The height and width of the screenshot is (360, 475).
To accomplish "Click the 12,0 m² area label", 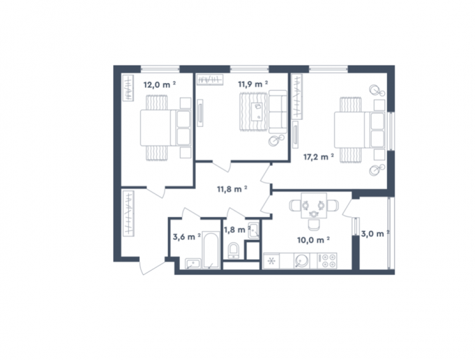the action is click(160, 84).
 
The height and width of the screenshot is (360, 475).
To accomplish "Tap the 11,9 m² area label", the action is click(253, 84).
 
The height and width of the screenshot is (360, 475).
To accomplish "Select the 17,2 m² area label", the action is click(319, 157).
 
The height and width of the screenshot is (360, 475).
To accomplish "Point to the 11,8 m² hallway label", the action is click(232, 189).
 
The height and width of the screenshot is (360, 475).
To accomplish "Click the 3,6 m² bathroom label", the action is click(187, 237).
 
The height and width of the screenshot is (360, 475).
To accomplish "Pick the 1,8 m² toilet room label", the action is click(237, 230).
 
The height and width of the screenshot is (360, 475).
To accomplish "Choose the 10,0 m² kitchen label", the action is click(313, 240).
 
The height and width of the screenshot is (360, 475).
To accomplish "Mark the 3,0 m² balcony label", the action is click(375, 234).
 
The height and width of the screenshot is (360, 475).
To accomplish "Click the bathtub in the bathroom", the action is click(211, 250).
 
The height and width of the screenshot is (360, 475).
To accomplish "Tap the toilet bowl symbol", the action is click(233, 251).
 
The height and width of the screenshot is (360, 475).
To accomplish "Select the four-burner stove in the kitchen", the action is click(327, 261).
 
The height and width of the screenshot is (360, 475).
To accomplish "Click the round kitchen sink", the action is click(302, 261).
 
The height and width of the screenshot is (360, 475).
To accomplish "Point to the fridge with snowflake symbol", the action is click(271, 261).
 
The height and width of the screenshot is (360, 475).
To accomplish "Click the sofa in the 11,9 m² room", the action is click(278, 112).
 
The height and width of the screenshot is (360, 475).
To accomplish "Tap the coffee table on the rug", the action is click(258, 112).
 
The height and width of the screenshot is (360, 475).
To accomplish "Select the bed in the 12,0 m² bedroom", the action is click(166, 128).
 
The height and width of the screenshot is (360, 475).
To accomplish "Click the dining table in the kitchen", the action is click(314, 205).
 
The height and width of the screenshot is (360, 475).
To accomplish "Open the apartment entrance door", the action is click(153, 267).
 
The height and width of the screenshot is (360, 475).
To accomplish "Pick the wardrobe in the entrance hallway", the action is click(128, 213).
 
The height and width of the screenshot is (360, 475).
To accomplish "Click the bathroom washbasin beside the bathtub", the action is click(193, 264).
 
